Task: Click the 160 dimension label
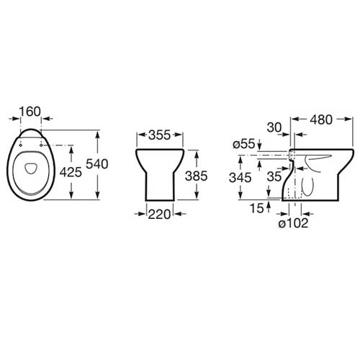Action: tap(30, 112)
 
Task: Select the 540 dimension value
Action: tap(97, 164)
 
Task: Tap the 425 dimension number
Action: tap(71, 172)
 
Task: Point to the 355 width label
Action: tap(159, 135)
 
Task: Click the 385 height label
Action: tap(197, 176)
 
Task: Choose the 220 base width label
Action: tap(159, 215)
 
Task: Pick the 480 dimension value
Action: tap(321, 120)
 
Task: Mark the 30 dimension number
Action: tap(274, 127)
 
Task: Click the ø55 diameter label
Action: tap(244, 144)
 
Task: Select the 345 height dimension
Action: tap(240, 178)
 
